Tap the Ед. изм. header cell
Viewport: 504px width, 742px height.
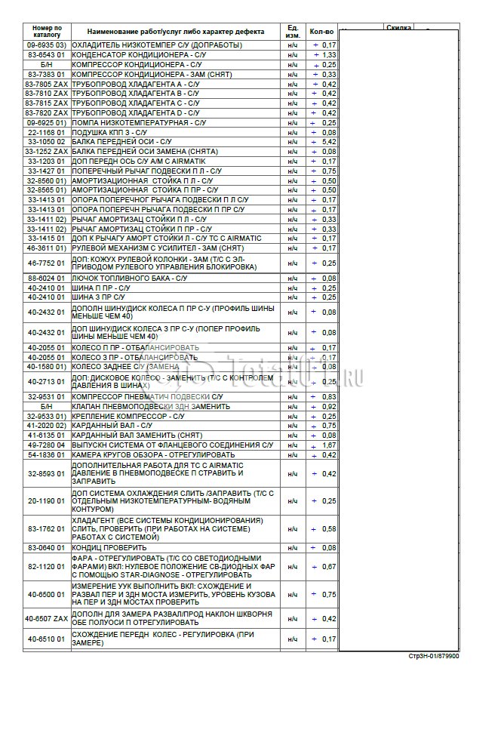click(293, 31)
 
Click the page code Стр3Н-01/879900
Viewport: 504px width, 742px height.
click(433, 656)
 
